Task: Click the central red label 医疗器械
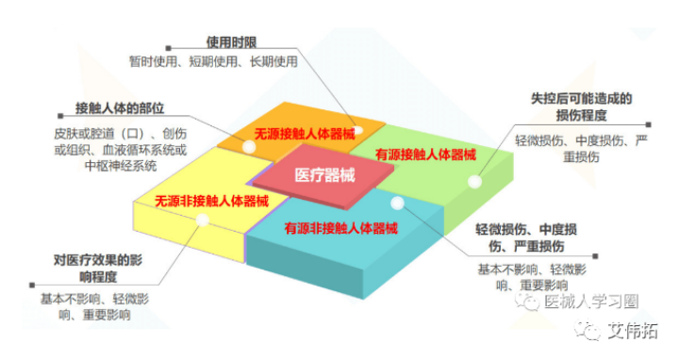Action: pyautogui.click(x=316, y=175)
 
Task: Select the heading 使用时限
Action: pyautogui.click(x=233, y=42)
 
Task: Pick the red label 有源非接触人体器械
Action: pyautogui.click(x=340, y=228)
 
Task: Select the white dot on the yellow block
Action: pyautogui.click(x=201, y=221)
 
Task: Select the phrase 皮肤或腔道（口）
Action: pyautogui.click(x=92, y=134)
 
